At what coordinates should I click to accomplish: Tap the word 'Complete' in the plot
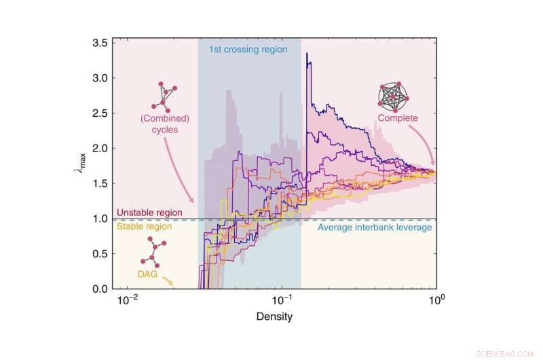pyautogui.click(x=399, y=118)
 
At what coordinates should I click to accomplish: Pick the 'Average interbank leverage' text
pyautogui.click(x=375, y=228)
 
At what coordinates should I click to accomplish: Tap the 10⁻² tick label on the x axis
pyautogui.click(x=128, y=300)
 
